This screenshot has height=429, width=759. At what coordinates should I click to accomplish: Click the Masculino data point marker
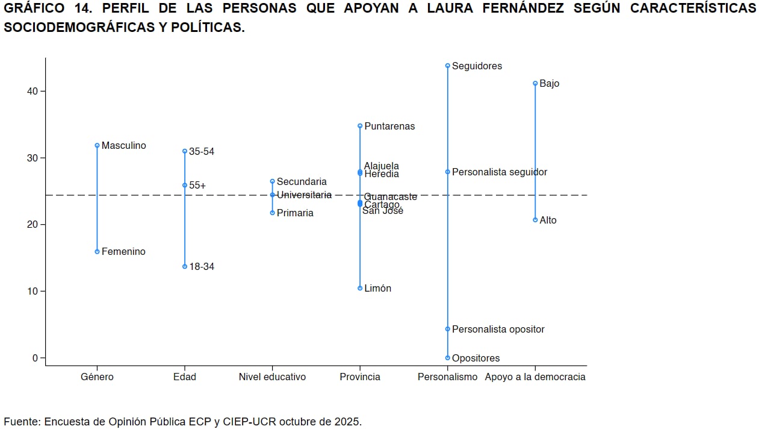(x=97, y=145)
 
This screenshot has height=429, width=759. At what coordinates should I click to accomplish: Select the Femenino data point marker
(x=97, y=251)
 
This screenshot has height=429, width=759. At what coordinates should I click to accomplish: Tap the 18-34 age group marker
(x=185, y=266)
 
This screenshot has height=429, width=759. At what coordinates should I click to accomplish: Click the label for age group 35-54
(x=202, y=151)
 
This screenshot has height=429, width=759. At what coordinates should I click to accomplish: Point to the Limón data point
(x=360, y=288)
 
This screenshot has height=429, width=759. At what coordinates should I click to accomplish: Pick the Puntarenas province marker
(x=360, y=126)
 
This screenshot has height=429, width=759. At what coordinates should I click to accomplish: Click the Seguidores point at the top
(x=448, y=66)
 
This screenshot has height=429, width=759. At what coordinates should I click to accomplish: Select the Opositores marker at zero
(x=448, y=358)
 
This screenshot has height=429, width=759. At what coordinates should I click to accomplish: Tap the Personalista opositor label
(x=498, y=329)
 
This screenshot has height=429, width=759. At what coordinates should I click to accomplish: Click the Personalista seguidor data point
(x=448, y=172)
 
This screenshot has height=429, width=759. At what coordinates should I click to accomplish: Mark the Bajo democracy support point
(x=535, y=83)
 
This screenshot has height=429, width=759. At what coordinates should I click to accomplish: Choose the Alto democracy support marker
(x=535, y=220)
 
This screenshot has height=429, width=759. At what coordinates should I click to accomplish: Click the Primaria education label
(x=295, y=213)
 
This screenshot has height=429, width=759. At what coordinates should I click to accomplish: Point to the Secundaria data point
(x=272, y=181)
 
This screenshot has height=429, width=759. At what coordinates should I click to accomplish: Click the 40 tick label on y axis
(x=31, y=91)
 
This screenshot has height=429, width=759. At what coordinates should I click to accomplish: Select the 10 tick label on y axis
(x=31, y=291)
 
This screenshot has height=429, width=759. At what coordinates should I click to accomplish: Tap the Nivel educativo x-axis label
(x=272, y=377)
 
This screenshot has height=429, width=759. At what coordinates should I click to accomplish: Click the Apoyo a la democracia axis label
(x=535, y=377)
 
